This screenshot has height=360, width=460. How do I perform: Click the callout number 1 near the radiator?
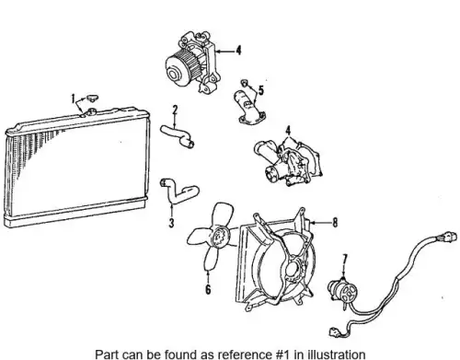coord(73,99)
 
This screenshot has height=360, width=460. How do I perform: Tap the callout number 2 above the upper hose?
coord(175,110)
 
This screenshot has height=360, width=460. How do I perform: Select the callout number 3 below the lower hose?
coord(171,223)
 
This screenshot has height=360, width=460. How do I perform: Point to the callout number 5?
coord(261,90)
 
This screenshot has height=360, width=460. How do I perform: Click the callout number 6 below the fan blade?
coord(208,289)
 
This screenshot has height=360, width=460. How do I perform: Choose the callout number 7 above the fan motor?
coord(345,260)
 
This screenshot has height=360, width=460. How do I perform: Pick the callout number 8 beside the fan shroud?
coord(335,223)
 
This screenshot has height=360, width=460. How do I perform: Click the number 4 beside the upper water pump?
coord(238,51)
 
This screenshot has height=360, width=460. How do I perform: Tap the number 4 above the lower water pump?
coord(288,131)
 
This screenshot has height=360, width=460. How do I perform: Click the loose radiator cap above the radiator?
coord(92,98)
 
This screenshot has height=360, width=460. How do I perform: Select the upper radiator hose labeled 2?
coord(177,135)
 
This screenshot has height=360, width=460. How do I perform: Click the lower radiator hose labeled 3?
coord(179,192)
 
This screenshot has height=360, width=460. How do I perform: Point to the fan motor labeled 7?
coord(342,290)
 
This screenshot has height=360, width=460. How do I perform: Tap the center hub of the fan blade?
coord(220,236)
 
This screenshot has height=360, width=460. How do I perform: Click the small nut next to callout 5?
coord(244,82)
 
